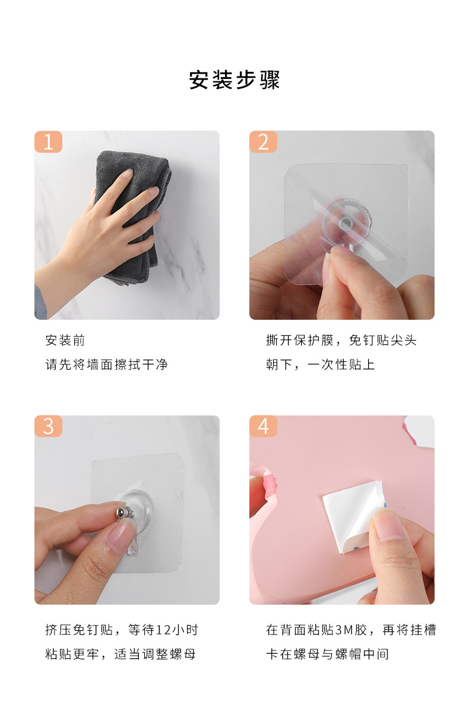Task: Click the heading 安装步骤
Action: coord(235,80)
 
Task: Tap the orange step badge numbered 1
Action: coord(48,141)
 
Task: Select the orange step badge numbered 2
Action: coord(263,141)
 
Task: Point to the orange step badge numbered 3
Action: coord(48,426)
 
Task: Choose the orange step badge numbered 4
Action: coord(263,426)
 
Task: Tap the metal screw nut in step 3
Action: coord(123,513)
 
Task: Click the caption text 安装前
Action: coord(65,341)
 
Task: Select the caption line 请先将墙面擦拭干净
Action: coord(106,364)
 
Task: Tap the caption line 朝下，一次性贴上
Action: coord(321,364)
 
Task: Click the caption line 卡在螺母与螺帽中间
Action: coord(328,654)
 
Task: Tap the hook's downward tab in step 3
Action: coord(133,544)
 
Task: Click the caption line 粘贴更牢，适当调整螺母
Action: coord(120,654)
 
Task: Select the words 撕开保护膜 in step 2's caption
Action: coord(300,341)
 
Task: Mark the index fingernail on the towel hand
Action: coord(127,174)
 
